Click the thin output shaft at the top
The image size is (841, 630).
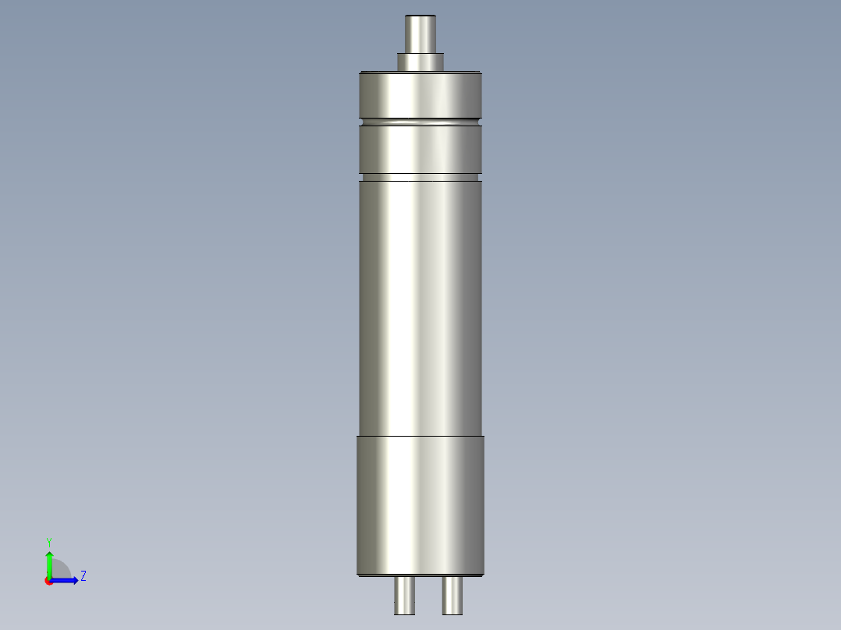420,35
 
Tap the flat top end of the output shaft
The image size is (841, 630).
420,16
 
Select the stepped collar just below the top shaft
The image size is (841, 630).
420,61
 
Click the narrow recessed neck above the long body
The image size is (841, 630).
420,177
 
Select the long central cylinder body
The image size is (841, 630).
420,304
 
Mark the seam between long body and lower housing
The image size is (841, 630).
420,435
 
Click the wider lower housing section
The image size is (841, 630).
420,503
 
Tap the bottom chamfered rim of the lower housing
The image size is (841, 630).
420,575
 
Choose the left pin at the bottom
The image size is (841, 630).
404,596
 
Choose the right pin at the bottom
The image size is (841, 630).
452,596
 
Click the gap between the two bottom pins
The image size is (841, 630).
428,596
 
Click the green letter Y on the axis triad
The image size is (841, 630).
49,541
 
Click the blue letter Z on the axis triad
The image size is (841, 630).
83,576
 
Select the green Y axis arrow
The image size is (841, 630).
49,563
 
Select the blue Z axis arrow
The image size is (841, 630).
67,580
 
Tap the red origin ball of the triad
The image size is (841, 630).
49,581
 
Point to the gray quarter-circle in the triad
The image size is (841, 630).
60,570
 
